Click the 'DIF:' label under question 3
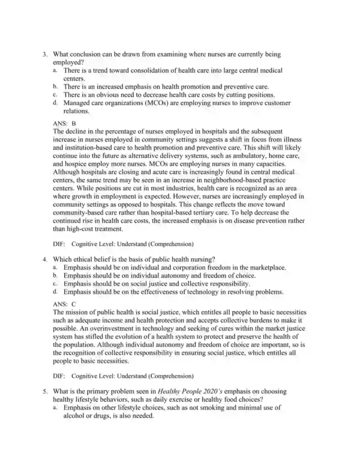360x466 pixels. click(x=59, y=244)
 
